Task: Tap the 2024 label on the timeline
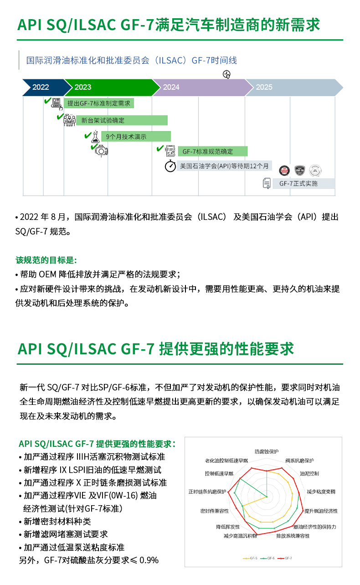tap(171, 87)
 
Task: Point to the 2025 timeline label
tap(264, 87)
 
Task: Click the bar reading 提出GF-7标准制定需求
tap(98, 103)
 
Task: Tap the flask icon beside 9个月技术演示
tap(95, 136)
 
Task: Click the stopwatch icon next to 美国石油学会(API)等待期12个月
tap(170, 166)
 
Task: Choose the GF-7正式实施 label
tap(298, 184)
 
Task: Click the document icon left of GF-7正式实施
tap(267, 183)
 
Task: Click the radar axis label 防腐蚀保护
tap(266, 451)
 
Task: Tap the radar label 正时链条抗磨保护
tap(207, 492)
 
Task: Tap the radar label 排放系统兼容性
tap(293, 536)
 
